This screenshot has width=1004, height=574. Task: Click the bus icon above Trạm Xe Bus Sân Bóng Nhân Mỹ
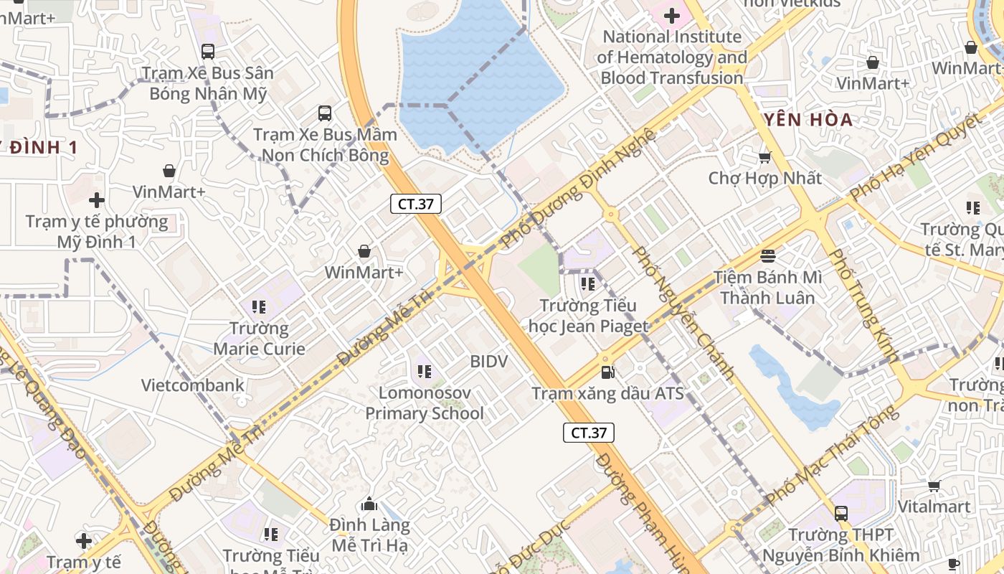click(x=208, y=52)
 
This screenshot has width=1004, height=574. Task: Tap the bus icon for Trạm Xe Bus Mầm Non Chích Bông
click(x=325, y=113)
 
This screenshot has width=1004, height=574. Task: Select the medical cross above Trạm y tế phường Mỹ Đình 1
click(x=97, y=200)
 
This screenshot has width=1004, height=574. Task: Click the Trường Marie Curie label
click(x=259, y=339)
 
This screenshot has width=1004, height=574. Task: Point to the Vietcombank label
click(x=192, y=385)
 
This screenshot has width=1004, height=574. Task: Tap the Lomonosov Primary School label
click(x=425, y=403)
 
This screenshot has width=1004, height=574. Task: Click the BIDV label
click(x=488, y=362)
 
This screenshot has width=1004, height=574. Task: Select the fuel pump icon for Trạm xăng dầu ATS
click(x=608, y=372)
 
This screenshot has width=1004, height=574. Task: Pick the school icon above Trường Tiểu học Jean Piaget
click(x=588, y=284)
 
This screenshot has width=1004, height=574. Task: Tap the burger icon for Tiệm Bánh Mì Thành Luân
click(x=768, y=256)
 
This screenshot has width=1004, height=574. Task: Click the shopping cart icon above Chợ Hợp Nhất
click(x=765, y=157)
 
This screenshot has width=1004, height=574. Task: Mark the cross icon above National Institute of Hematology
click(x=672, y=15)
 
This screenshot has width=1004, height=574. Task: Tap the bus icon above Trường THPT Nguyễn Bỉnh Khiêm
click(x=840, y=514)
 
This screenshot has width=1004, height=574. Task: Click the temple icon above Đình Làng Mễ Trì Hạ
click(x=369, y=504)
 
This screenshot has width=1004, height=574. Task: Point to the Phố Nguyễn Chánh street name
click(x=684, y=313)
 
